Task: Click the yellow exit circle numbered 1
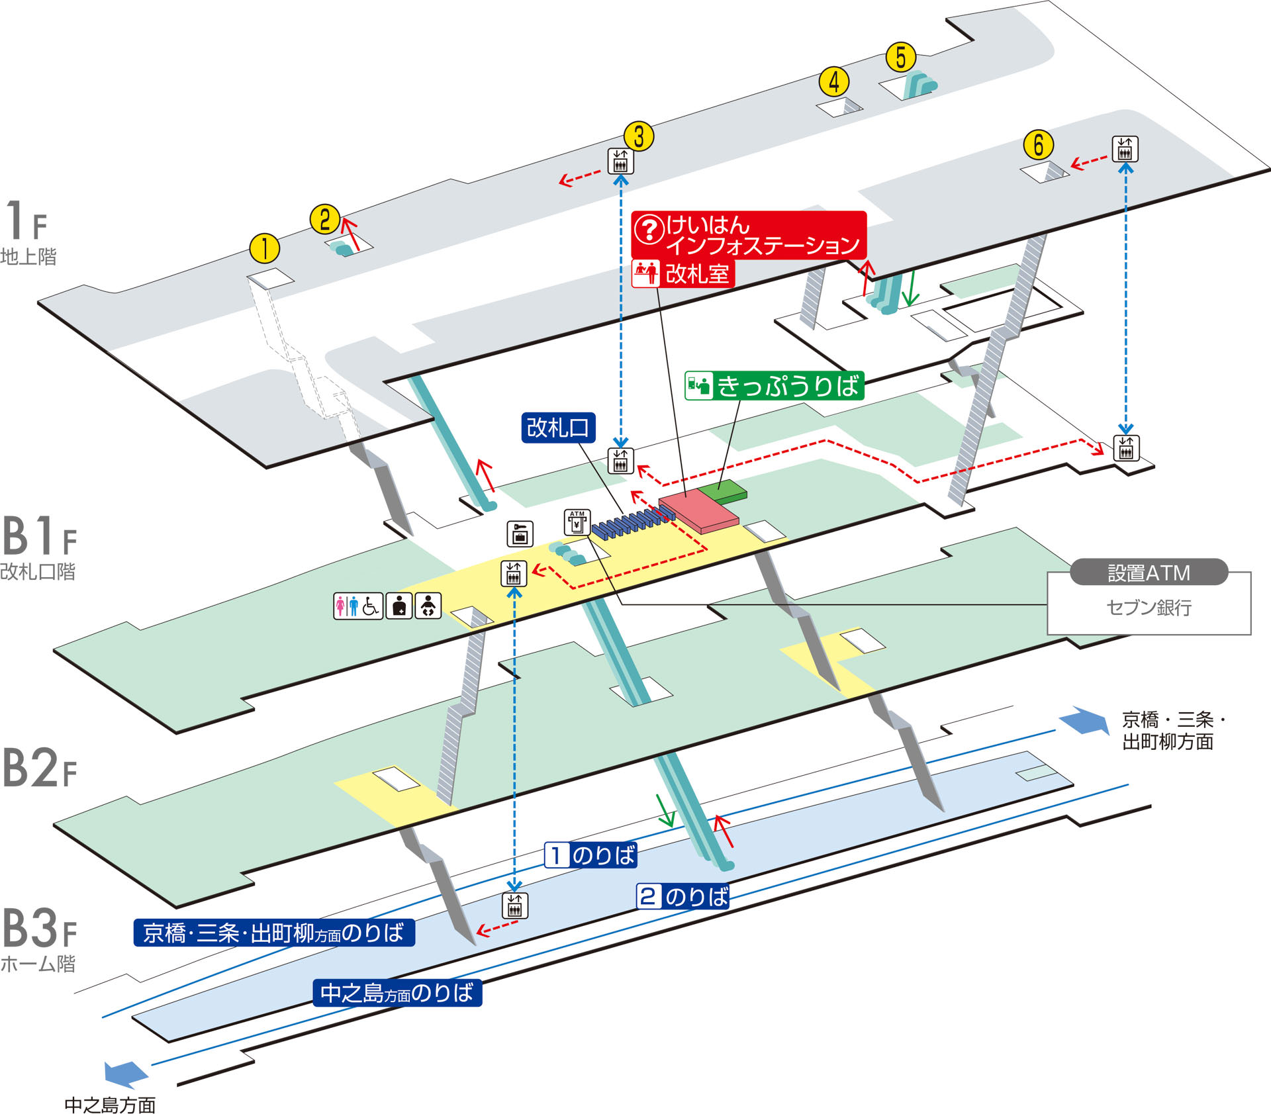(264, 249)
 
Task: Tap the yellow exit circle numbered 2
(324, 218)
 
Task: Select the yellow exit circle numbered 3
(639, 136)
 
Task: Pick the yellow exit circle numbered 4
(834, 81)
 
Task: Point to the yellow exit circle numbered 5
(901, 57)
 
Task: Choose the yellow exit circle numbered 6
(1038, 145)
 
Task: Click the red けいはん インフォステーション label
(748, 235)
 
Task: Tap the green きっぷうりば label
(774, 385)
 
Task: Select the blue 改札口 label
(558, 428)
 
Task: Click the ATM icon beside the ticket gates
(577, 522)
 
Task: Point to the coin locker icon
(520, 534)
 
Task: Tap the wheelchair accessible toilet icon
(371, 606)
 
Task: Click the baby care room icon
(428, 606)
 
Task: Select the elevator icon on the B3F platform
(514, 905)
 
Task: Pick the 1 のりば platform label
(590, 855)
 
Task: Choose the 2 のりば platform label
(683, 897)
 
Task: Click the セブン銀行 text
(1149, 608)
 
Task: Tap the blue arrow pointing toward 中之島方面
(125, 1074)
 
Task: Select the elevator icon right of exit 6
(1125, 150)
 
